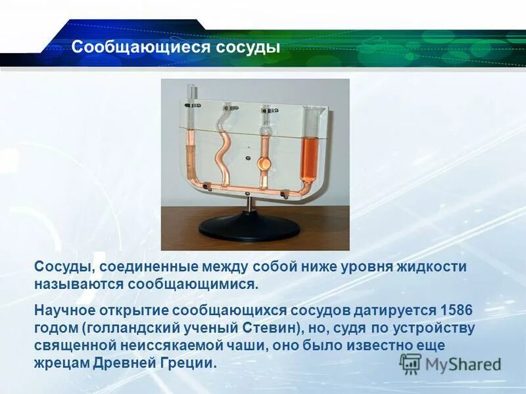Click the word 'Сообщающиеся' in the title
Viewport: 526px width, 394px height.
pos(138,47)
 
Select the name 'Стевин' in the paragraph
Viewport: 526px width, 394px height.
pos(274,328)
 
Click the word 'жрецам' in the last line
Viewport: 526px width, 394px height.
pos(60,363)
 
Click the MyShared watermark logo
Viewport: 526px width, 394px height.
pos(451,363)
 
